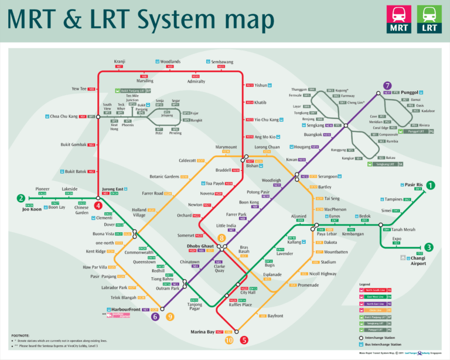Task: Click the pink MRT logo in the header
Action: pyautogui.click(x=398, y=19)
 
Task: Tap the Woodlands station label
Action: pyautogui.click(x=171, y=61)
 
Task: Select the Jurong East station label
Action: pyautogui.click(x=112, y=189)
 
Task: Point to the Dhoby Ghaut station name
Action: pyautogui.click(x=200, y=246)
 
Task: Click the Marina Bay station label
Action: pyautogui.click(x=202, y=332)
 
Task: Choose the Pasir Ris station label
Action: pyautogui.click(x=414, y=185)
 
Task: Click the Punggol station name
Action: pyautogui.click(x=411, y=93)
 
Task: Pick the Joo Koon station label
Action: pyautogui.click(x=32, y=209)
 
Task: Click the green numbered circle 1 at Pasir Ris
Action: pyautogui.click(x=431, y=185)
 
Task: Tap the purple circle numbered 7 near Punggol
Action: pyautogui.click(x=387, y=85)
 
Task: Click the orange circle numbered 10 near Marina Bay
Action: pyautogui.click(x=229, y=340)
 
